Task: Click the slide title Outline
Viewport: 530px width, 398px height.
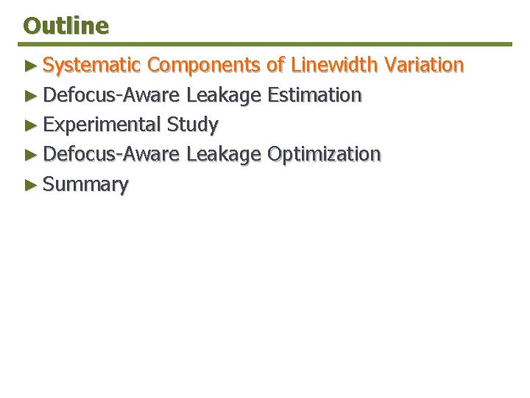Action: point(66,26)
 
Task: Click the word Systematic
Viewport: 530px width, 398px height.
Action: point(91,66)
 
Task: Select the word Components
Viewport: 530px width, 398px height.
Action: point(204,66)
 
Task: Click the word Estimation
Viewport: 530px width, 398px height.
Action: point(314,95)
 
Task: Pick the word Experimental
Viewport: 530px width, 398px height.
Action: point(102,125)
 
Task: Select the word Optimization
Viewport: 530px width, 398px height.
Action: point(324,155)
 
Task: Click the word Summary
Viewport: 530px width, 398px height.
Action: point(85,185)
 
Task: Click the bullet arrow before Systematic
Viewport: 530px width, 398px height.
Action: point(30,66)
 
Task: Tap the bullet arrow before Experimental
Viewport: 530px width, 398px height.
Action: point(30,125)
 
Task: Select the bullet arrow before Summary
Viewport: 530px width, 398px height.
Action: point(30,185)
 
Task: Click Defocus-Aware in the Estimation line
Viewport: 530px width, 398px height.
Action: point(111,95)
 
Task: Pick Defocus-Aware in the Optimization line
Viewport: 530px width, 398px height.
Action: point(111,154)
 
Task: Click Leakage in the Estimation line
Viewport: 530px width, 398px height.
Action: point(224,96)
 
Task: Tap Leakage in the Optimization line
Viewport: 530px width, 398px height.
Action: point(224,155)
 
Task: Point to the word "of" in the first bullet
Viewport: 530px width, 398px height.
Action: point(275,66)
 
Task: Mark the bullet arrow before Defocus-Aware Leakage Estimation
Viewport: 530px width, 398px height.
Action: point(30,96)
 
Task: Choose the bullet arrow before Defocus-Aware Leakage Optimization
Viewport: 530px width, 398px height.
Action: point(30,155)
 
